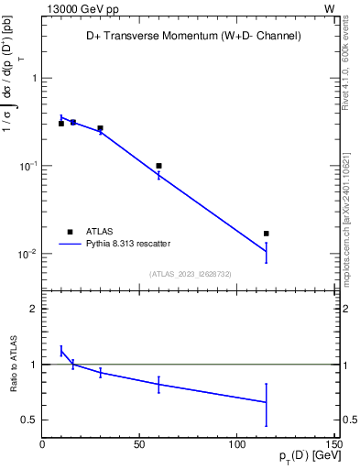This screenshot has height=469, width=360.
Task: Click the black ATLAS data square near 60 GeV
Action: (x=158, y=166)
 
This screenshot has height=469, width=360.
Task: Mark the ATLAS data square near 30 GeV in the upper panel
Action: (x=100, y=128)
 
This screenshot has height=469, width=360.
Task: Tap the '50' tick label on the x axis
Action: (x=139, y=444)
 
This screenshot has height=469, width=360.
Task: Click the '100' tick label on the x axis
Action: (x=236, y=444)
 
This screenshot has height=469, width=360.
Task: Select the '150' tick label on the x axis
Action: (x=333, y=444)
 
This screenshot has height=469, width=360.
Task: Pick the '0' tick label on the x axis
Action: (x=42, y=444)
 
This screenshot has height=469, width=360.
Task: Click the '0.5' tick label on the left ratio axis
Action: (x=28, y=420)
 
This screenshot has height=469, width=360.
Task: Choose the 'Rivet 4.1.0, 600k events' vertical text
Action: (x=345, y=64)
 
